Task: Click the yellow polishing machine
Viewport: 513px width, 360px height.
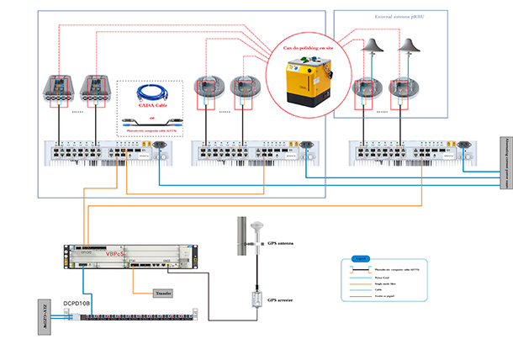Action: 308,80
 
